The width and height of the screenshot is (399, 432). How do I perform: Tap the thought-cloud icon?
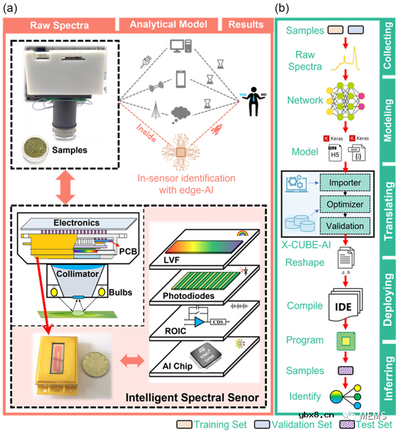182,112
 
